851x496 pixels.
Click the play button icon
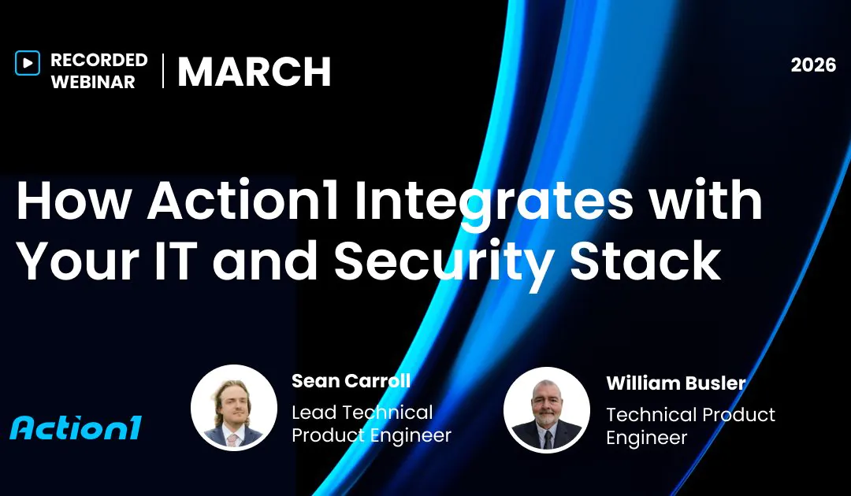(27, 63)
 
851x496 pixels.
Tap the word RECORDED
(99, 61)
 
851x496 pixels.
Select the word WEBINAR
(93, 82)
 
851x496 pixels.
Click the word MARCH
(254, 72)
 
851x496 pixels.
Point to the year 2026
(813, 65)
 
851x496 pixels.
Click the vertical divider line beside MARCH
(163, 71)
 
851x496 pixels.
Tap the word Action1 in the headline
(243, 202)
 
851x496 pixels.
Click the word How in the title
(72, 202)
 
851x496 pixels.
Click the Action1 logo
(76, 428)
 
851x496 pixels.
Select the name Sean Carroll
(351, 381)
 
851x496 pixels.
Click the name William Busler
(676, 383)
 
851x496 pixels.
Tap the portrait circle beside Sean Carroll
(234, 407)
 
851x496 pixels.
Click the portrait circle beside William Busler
(547, 409)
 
